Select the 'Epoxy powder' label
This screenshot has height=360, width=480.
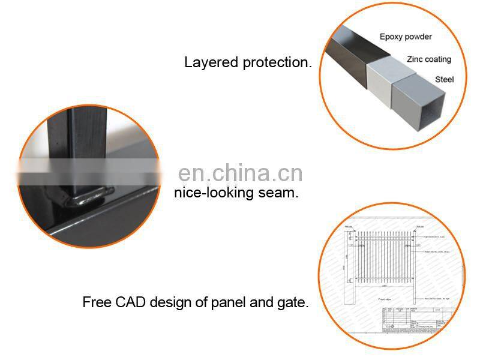click(406, 37)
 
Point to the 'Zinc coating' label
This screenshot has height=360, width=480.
click(428, 59)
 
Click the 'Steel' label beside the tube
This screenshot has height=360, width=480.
click(445, 79)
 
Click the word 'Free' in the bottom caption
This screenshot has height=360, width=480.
click(95, 302)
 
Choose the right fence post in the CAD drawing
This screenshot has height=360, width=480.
click(419, 264)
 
